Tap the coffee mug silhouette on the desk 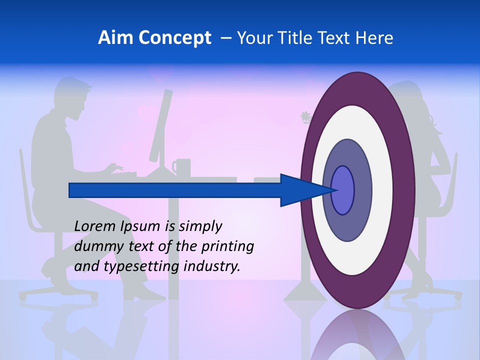click(x=181, y=167)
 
